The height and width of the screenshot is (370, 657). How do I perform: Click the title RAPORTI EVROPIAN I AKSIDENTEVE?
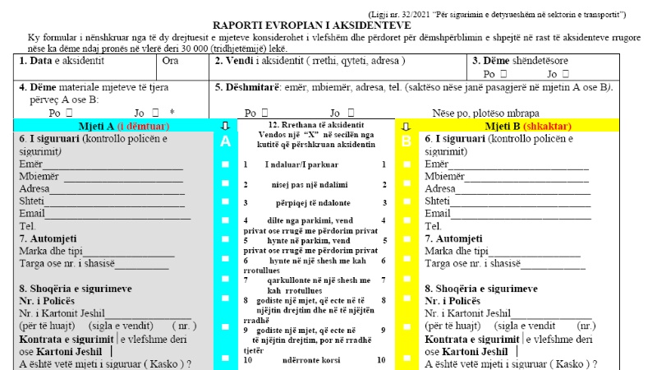pyautogui.click(x=328, y=25)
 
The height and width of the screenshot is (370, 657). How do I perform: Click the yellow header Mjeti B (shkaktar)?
pyautogui.click(x=529, y=126)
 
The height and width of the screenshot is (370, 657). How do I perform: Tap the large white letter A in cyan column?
pyautogui.click(x=226, y=142)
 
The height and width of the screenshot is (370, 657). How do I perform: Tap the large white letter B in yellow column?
pyautogui.click(x=406, y=142)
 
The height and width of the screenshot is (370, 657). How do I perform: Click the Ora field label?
pyautogui.click(x=171, y=61)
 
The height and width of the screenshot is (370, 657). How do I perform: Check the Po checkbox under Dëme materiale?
pyautogui.click(x=71, y=113)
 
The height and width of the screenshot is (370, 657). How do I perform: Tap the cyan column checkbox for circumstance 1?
pyautogui.click(x=226, y=164)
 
